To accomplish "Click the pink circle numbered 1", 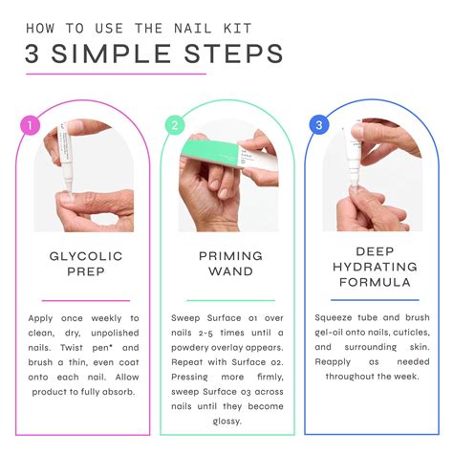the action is (30, 125).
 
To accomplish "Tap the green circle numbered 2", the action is (175, 125).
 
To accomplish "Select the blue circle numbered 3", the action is (319, 124).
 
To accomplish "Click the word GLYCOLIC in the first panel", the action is (86, 256).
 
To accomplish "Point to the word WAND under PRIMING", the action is (231, 271).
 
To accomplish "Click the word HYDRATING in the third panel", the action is (375, 267).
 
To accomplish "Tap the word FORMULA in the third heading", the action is (375, 282).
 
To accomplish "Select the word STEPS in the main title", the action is (234, 54).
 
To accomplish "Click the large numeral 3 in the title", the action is (32, 54).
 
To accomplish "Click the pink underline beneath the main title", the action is (117, 75).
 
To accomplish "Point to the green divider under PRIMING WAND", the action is (230, 300).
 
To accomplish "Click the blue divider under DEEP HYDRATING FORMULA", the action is (375, 300).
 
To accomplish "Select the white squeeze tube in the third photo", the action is (353, 160).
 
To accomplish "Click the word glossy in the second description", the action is (226, 421).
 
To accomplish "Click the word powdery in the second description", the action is (186, 348).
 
